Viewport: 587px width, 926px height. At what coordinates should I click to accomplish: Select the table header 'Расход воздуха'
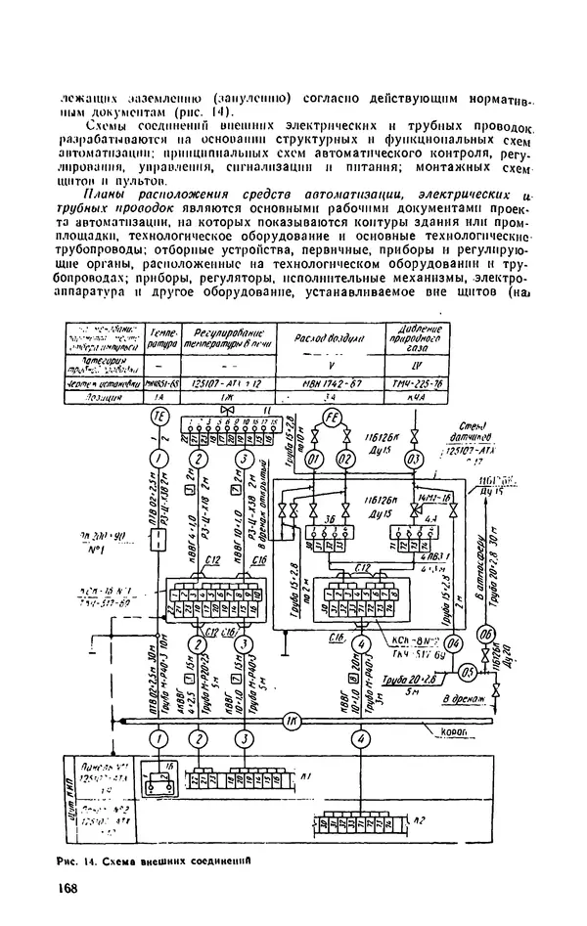(x=332, y=337)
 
